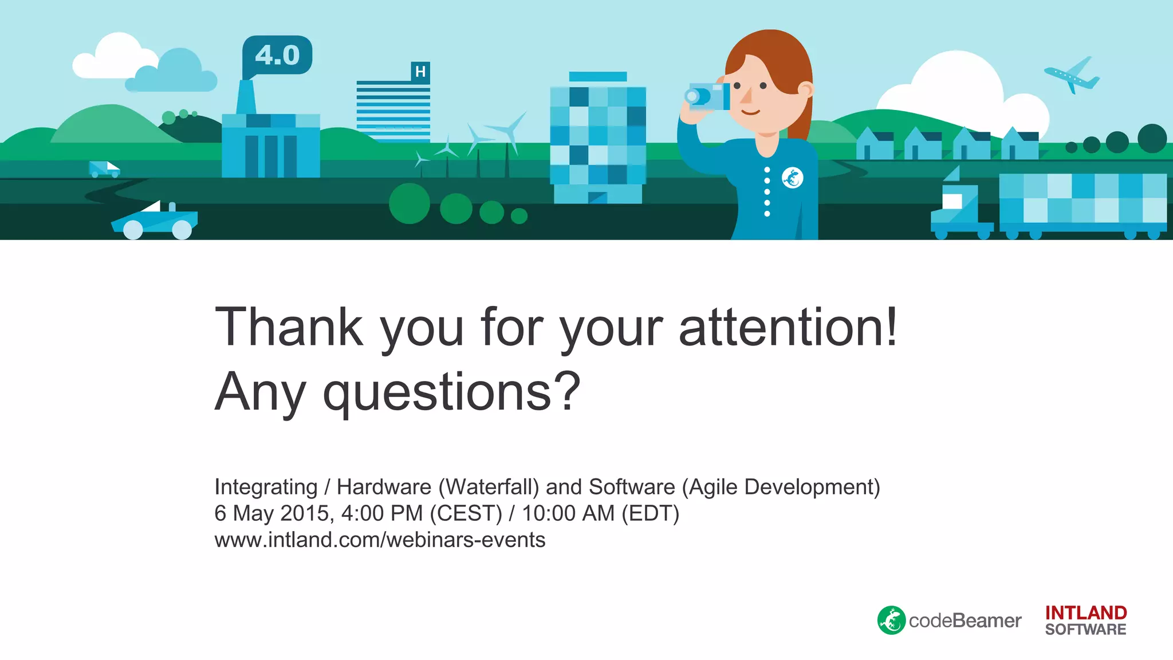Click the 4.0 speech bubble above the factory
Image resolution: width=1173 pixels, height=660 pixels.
[277, 55]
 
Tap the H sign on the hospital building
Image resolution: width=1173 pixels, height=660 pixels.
[420, 72]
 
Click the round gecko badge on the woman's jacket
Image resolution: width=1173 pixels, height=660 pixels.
[793, 178]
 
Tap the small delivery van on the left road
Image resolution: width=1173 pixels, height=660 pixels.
[104, 169]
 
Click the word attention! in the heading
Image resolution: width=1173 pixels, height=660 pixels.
[788, 328]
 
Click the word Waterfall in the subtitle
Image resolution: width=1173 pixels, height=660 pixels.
[489, 487]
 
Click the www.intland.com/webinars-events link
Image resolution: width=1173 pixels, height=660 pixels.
[380, 540]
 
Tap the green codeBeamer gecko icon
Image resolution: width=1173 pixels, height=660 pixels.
[891, 620]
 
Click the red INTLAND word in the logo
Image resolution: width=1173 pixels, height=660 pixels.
[1085, 612]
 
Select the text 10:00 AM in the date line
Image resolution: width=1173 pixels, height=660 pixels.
[568, 513]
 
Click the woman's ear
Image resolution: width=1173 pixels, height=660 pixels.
[805, 90]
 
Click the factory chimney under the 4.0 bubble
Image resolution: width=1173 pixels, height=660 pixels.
[246, 97]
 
